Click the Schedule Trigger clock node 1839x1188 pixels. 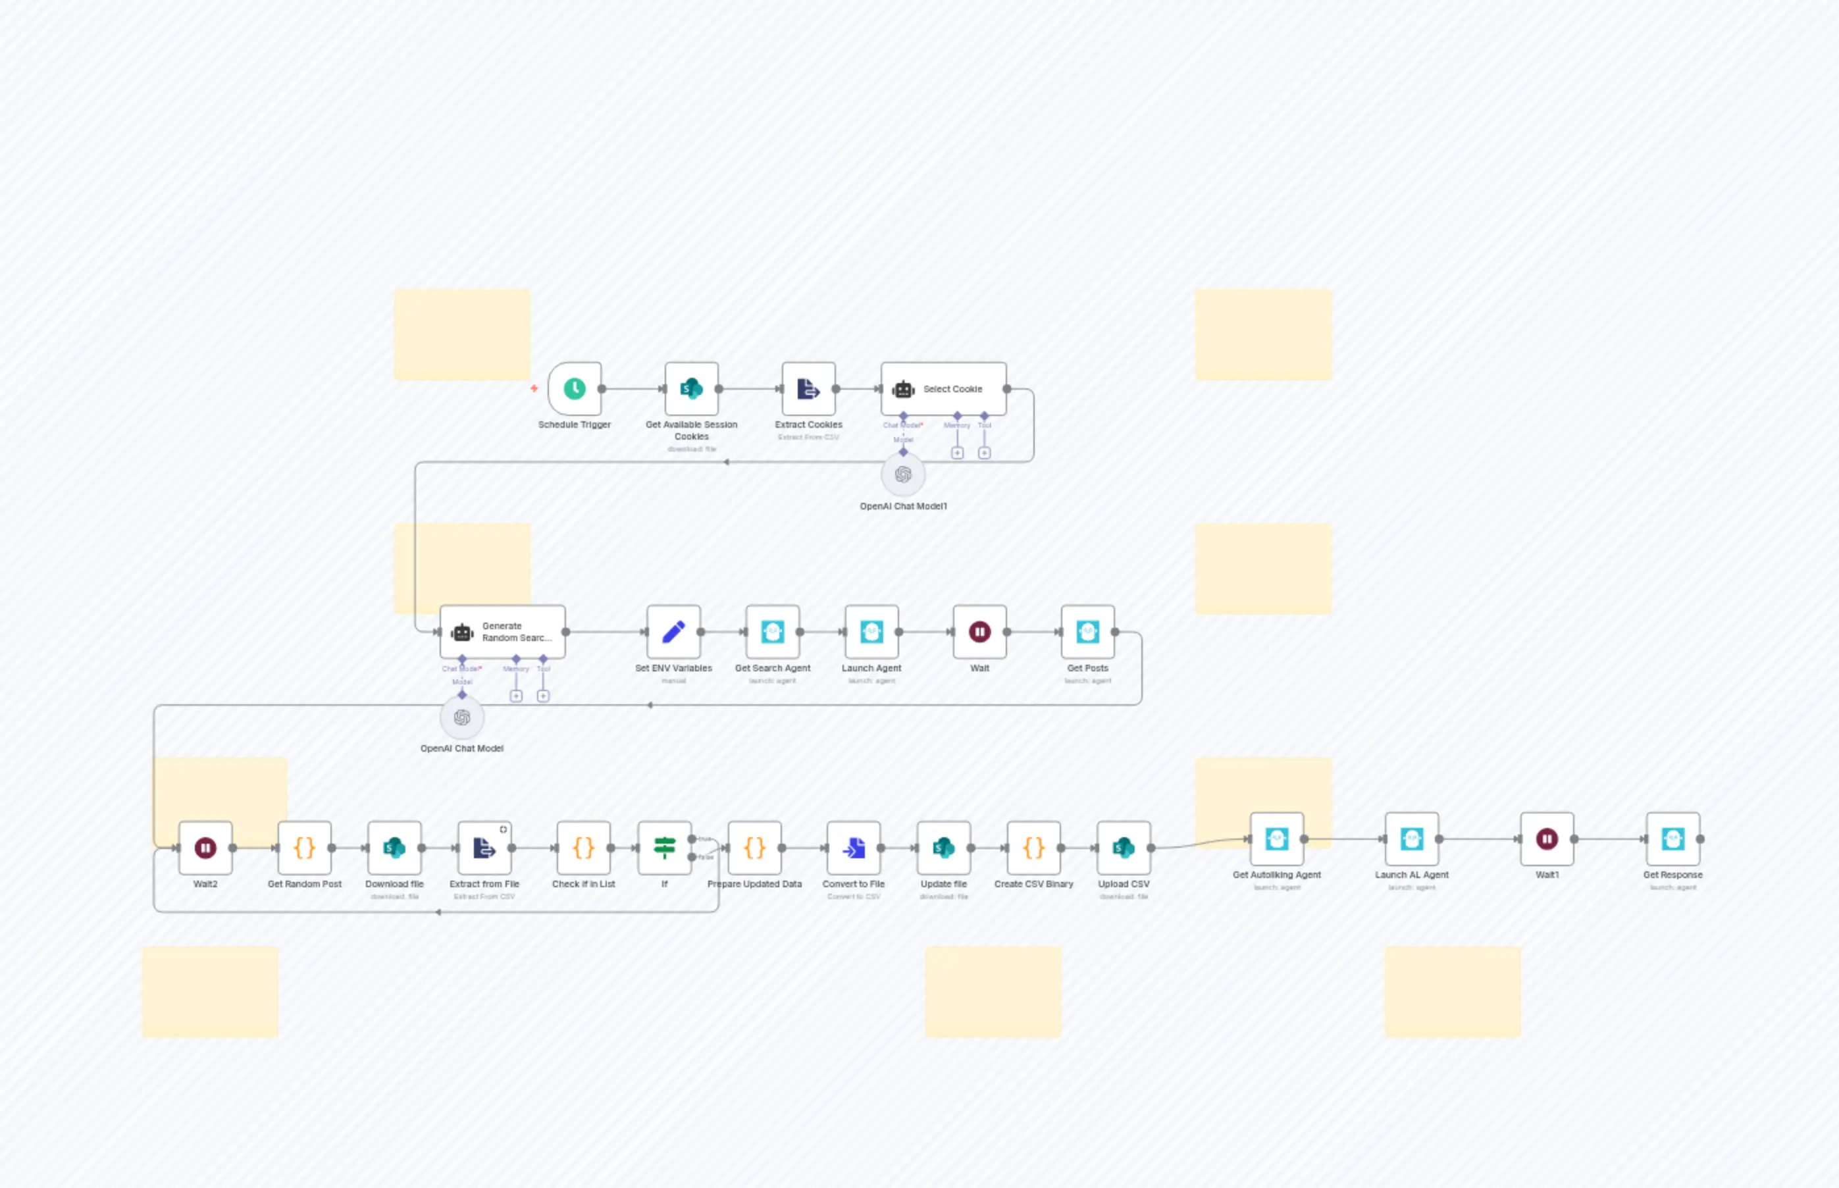(574, 389)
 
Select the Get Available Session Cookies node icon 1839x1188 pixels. (691, 389)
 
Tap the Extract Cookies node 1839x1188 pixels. (808, 389)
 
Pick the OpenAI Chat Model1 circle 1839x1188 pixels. (902, 475)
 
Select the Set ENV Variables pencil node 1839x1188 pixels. (673, 632)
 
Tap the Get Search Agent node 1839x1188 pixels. (772, 632)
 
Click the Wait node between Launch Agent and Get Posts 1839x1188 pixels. (979, 632)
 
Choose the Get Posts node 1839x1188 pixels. (1087, 632)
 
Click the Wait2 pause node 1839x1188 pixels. (205, 848)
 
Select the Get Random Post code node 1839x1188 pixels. (304, 848)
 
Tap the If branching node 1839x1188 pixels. (664, 848)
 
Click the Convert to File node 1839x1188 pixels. (853, 848)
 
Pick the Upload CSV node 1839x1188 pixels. (1123, 848)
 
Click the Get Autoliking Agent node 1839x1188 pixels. (1277, 839)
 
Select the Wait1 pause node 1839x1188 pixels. (1547, 839)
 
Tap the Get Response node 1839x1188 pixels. (1672, 839)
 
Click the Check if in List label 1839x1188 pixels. (583, 884)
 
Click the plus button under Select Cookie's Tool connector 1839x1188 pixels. (984, 453)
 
